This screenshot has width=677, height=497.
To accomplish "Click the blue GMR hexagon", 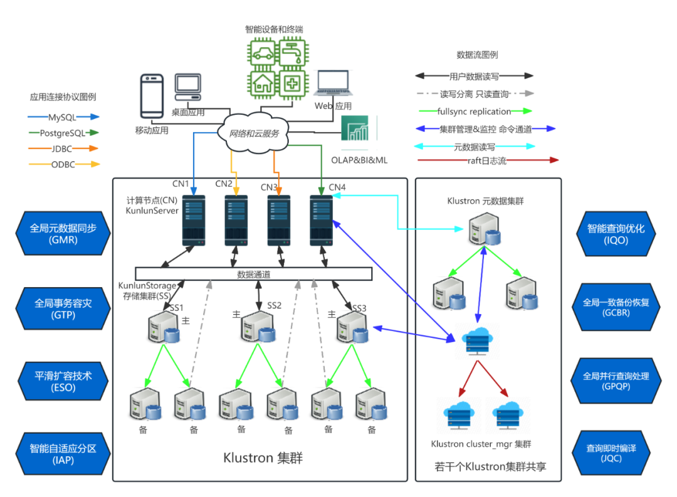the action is point(63,233).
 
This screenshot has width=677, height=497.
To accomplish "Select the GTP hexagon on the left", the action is point(63,308).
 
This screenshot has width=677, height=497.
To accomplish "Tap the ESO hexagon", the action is point(63,381).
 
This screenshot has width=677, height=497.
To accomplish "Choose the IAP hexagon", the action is point(63,454).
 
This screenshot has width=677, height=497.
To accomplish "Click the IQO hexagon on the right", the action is point(616,234).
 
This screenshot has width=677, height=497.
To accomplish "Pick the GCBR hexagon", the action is point(616,307).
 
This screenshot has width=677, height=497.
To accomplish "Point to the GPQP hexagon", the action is point(616,381).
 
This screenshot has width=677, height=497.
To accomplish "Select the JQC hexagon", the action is point(611,453).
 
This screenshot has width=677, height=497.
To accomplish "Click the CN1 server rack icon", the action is point(194,221).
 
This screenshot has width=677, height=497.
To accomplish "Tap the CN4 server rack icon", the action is point(321,221).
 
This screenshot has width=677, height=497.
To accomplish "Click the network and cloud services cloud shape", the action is point(253,132).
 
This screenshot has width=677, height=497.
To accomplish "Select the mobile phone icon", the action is point(152,96).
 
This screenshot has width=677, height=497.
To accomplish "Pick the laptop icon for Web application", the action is point(333,83).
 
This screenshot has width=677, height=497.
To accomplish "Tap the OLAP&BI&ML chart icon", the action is point(355,128).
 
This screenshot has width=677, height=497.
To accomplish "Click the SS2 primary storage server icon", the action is point(258,327).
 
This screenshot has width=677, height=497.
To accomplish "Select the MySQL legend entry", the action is point(63,117).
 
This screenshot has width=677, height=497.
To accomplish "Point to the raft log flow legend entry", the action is point(488,160).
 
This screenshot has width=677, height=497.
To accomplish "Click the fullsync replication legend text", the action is point(474,112).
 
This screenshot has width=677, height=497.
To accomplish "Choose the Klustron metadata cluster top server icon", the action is point(485,229).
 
